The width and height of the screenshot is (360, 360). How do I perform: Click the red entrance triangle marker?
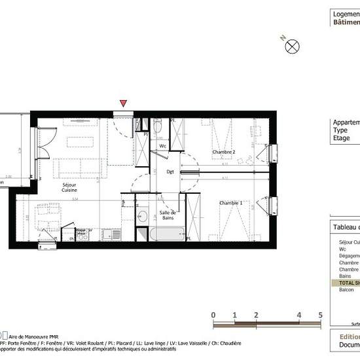coord(123,103)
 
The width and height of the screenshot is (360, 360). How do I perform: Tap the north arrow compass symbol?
coord(293,46)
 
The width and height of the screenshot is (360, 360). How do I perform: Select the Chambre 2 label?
coord(223,153)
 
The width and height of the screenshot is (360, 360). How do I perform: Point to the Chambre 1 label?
coord(231,203)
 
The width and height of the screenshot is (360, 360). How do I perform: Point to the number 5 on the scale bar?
coord(320,315)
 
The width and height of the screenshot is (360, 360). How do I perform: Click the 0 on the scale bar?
coord(214,315)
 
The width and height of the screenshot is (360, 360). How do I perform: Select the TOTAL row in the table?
coord(346,283)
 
